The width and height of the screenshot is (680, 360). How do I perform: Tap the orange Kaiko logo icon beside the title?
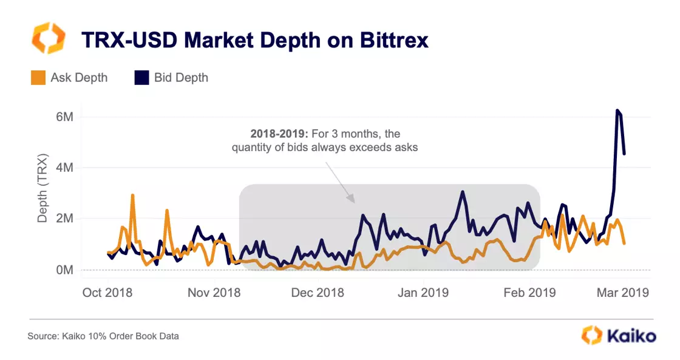47,39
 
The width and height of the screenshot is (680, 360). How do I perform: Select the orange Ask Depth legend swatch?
37,78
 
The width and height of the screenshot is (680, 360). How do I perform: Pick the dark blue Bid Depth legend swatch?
141,78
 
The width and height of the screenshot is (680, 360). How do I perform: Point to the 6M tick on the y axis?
64,117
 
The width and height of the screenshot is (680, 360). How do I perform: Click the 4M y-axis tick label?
64,168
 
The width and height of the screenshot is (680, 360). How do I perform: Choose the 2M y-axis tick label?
64,219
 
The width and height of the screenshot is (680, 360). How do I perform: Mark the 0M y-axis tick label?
64,270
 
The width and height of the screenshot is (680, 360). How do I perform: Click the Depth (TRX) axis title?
42,193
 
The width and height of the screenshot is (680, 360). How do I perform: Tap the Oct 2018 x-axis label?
107,293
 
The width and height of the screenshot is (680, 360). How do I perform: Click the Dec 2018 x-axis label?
318,293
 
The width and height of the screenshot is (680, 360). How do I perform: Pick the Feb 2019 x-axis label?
529,293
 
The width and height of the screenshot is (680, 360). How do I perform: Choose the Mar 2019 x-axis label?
622,293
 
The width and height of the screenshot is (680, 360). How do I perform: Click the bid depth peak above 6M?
617,110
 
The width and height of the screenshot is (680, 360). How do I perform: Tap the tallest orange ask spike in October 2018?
132,195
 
